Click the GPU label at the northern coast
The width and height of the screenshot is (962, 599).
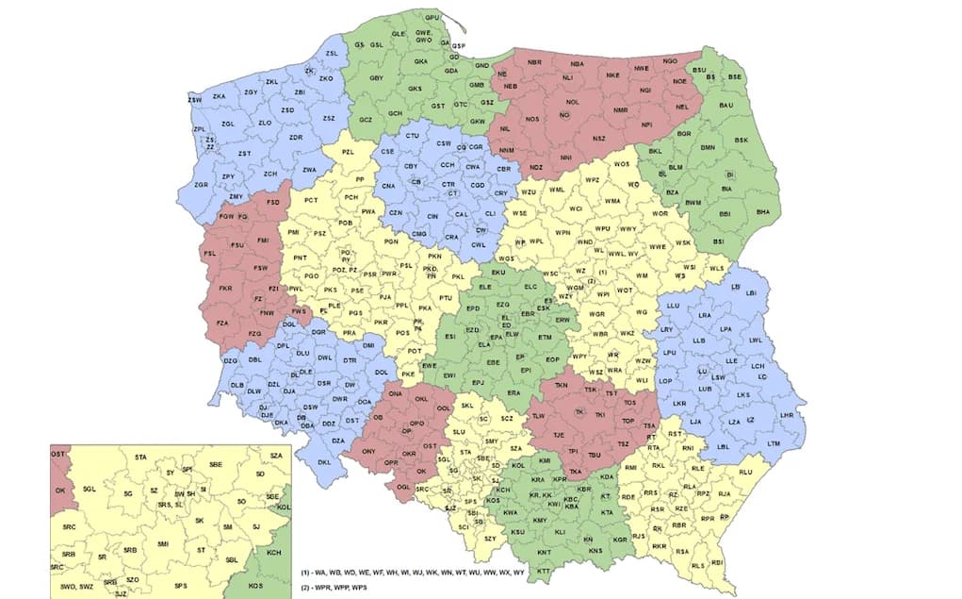coord(432,18)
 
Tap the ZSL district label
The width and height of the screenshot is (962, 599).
coord(331,53)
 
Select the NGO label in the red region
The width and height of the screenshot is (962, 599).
coord(670,61)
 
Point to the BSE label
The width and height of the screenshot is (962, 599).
coord(736,76)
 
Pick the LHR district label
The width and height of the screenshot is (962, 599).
coord(788,415)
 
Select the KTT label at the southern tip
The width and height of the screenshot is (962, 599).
coord(544,572)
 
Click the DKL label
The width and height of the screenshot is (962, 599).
coord(324,462)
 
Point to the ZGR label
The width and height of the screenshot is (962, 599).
coord(200,185)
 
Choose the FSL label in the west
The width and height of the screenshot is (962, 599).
coord(210,254)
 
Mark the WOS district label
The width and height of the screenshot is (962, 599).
coord(621,165)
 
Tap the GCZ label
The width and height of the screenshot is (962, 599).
coord(367,121)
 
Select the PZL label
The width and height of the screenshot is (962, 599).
coord(348,152)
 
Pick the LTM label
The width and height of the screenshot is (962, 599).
coord(774,443)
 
